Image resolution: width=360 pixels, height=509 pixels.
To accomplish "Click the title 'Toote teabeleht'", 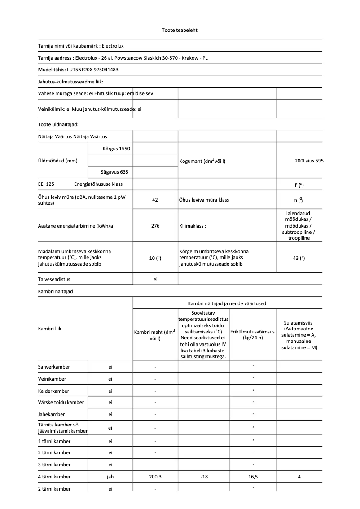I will click(180, 31).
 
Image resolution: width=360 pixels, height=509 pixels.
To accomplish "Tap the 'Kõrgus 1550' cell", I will click(116, 148).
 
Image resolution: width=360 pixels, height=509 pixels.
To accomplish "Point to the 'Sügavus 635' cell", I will click(115, 172).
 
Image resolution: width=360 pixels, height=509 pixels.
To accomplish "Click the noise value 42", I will click(155, 200).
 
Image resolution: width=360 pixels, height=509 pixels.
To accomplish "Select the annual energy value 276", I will click(155, 226).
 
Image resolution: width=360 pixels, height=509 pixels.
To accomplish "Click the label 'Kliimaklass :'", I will click(193, 226).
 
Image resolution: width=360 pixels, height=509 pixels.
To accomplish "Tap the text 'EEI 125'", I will click(46, 184).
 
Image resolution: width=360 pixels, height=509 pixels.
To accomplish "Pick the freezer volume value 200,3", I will click(155, 477).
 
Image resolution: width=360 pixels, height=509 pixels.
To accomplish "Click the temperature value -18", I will click(204, 477).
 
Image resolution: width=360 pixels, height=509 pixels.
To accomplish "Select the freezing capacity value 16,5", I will click(253, 477).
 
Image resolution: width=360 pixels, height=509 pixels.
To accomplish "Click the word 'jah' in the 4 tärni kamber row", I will click(110, 477).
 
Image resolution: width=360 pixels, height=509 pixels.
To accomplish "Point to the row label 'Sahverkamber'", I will click(54, 367).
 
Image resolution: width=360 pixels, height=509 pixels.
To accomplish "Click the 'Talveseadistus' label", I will click(54, 279).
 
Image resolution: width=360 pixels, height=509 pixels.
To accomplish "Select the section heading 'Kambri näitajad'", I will click(55, 291).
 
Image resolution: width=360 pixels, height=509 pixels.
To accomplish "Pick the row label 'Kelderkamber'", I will click(53, 391).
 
